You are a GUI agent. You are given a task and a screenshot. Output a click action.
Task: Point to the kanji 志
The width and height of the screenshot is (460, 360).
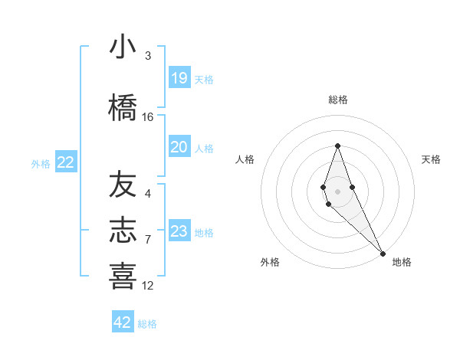coord(123,231)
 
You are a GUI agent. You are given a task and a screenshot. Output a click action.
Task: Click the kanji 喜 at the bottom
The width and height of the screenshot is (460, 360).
coord(123,276)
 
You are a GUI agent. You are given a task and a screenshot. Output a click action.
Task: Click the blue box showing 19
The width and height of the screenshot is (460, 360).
coord(179,78)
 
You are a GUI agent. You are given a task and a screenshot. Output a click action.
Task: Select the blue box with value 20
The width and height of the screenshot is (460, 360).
coord(179,147)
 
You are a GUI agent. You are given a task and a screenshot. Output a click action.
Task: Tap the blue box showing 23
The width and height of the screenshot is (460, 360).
coord(179,231)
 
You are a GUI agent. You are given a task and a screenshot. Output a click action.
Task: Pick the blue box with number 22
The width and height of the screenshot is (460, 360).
coord(66,162)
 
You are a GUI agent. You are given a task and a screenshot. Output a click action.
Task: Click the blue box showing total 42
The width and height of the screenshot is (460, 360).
coord(123,322)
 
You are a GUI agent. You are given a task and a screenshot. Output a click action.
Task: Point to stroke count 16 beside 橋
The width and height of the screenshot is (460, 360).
coord(148,117)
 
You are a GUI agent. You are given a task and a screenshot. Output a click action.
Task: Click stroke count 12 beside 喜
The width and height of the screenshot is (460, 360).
coord(148,286)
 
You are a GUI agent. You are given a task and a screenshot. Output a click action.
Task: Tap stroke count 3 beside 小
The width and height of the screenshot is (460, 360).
coord(148,56)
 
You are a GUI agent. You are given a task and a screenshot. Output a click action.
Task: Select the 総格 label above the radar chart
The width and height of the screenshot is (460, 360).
coord(338,100)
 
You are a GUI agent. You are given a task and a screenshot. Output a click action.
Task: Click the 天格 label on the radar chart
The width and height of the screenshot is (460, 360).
coord(431,159)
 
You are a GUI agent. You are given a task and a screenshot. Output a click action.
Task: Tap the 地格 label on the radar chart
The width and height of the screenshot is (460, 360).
coord(402,262)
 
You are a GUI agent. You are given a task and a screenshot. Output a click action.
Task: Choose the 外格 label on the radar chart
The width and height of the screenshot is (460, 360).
coord(270,262)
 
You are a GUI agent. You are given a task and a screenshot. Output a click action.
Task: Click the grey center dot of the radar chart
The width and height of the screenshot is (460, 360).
coord(337,191)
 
